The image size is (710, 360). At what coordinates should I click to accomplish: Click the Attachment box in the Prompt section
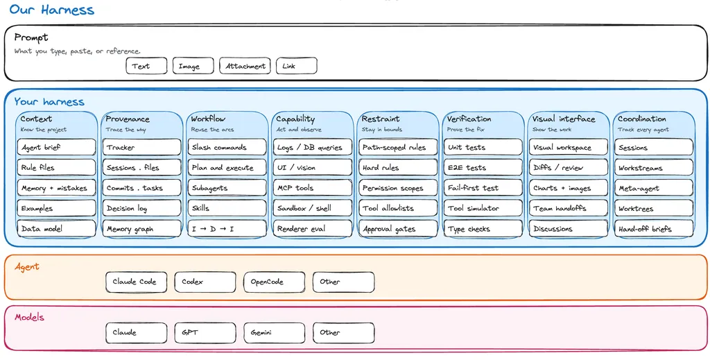tap(245, 66)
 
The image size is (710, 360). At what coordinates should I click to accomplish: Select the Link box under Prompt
tap(297, 66)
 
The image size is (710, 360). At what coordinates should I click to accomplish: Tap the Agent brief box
tap(57, 147)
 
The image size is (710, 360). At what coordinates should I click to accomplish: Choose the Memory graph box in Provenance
tap(141, 229)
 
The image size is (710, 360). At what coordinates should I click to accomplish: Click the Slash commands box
tap(227, 147)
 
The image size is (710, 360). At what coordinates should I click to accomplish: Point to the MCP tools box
tap(313, 188)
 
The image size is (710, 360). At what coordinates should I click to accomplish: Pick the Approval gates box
tap(397, 229)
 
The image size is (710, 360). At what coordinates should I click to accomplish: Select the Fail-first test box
tap(483, 188)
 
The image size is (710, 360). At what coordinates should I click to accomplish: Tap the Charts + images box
tap(569, 188)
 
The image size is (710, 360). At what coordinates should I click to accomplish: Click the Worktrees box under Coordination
tap(653, 208)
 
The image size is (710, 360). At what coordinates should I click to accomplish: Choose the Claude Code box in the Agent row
tap(137, 282)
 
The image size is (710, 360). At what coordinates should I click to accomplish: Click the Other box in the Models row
tap(344, 332)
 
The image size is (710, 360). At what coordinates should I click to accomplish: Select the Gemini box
tap(275, 332)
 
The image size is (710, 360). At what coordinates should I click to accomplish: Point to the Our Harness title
tap(51, 10)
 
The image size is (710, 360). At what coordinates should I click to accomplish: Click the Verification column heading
tap(469, 119)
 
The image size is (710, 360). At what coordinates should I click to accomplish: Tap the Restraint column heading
tap(381, 119)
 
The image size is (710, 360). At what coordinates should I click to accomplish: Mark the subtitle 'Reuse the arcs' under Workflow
tap(212, 130)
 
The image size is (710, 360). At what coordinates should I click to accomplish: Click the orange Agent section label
tap(27, 267)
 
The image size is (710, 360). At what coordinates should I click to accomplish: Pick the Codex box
tap(205, 282)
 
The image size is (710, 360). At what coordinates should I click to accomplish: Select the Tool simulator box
tap(483, 208)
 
